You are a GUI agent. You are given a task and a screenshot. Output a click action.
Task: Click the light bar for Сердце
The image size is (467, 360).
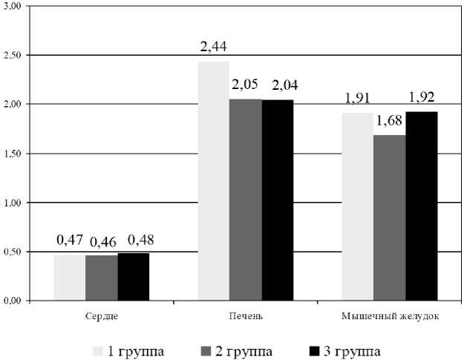coord(69,278)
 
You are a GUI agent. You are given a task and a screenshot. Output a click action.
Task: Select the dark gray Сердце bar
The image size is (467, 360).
coord(101,278)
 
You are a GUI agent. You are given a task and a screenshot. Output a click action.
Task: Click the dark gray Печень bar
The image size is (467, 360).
coord(245,200)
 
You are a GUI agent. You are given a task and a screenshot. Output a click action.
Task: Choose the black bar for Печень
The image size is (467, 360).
coord(278,200)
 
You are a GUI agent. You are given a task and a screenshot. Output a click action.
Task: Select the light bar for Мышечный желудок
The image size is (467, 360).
coord(357,207)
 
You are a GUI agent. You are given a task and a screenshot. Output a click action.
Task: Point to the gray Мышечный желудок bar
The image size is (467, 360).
coord(389,218)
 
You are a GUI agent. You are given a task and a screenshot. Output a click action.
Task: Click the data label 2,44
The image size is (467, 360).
coord(213,48)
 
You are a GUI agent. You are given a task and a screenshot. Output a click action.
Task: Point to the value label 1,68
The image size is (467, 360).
coord(388,121)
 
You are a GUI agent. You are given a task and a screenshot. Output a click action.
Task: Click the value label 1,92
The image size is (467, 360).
coord(421,96)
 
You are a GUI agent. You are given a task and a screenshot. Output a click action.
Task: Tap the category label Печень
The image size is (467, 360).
coord(246,317)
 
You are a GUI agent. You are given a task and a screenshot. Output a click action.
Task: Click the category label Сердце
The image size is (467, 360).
coord(101,317)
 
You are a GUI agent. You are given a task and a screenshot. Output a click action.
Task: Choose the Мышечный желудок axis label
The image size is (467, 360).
coord(390,317)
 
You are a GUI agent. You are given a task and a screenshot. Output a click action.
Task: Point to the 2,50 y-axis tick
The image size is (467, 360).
coord(13,56)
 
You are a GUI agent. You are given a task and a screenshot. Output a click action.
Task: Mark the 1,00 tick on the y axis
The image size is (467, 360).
coord(13,203)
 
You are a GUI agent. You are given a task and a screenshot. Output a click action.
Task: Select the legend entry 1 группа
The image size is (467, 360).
coord(128,350)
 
